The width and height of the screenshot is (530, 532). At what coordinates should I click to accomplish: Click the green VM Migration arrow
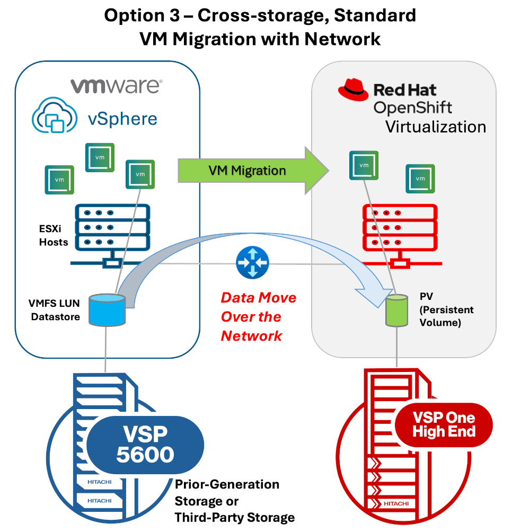249,171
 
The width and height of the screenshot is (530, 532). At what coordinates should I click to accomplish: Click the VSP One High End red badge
444,424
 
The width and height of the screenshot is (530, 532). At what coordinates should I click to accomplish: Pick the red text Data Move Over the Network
258,316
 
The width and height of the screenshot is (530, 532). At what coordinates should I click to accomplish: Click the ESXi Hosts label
53,236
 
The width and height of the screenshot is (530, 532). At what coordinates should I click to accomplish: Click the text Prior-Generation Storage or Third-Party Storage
234,501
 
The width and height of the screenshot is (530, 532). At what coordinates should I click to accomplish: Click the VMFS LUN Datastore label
56,311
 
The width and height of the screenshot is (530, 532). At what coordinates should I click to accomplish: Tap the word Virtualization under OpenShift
435,127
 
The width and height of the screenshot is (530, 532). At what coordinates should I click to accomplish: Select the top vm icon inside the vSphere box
100,157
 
